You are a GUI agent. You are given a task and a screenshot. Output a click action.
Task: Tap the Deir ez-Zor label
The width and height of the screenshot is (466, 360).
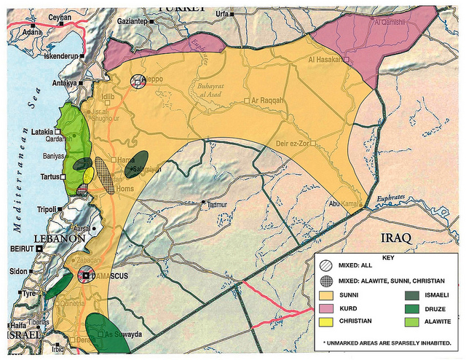(293, 143)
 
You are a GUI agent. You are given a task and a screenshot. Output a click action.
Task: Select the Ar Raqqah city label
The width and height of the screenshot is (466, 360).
(267, 100)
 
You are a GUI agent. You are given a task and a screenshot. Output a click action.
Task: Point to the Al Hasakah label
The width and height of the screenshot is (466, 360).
(325, 59)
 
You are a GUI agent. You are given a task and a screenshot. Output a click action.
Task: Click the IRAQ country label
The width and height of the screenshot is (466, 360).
(396, 238)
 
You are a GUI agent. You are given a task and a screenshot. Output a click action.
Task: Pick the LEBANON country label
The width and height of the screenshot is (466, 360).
(60, 238)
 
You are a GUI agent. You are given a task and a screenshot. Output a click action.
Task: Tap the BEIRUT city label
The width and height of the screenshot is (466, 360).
(23, 249)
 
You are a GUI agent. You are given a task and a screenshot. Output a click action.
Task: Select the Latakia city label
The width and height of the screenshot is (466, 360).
(42, 132)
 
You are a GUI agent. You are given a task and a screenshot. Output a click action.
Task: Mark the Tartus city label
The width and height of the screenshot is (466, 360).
(49, 176)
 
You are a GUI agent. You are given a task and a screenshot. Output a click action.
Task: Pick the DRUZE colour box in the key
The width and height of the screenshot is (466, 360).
(412, 308)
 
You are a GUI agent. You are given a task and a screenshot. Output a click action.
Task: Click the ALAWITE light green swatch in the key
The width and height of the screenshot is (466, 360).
(412, 321)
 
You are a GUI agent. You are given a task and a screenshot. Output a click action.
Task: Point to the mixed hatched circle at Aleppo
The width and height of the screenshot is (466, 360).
(138, 82)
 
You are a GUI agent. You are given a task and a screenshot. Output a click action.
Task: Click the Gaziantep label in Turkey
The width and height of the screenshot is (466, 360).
(133, 22)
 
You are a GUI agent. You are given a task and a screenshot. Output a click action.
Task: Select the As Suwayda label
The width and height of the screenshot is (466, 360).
(123, 334)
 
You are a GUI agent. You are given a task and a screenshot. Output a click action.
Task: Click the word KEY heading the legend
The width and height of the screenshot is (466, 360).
(387, 257)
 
